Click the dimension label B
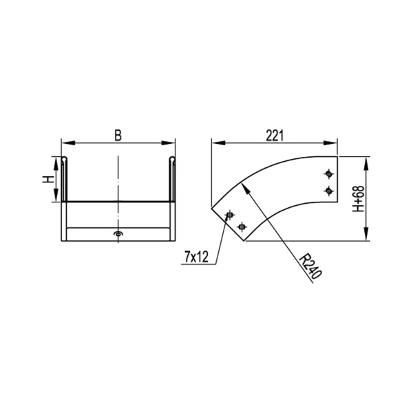118,135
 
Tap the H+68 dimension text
378,199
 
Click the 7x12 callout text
197,257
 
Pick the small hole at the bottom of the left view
118,235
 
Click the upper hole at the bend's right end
329,172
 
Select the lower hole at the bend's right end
329,190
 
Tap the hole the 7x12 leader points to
230,215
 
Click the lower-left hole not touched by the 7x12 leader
242,226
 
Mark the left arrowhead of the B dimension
66,144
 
